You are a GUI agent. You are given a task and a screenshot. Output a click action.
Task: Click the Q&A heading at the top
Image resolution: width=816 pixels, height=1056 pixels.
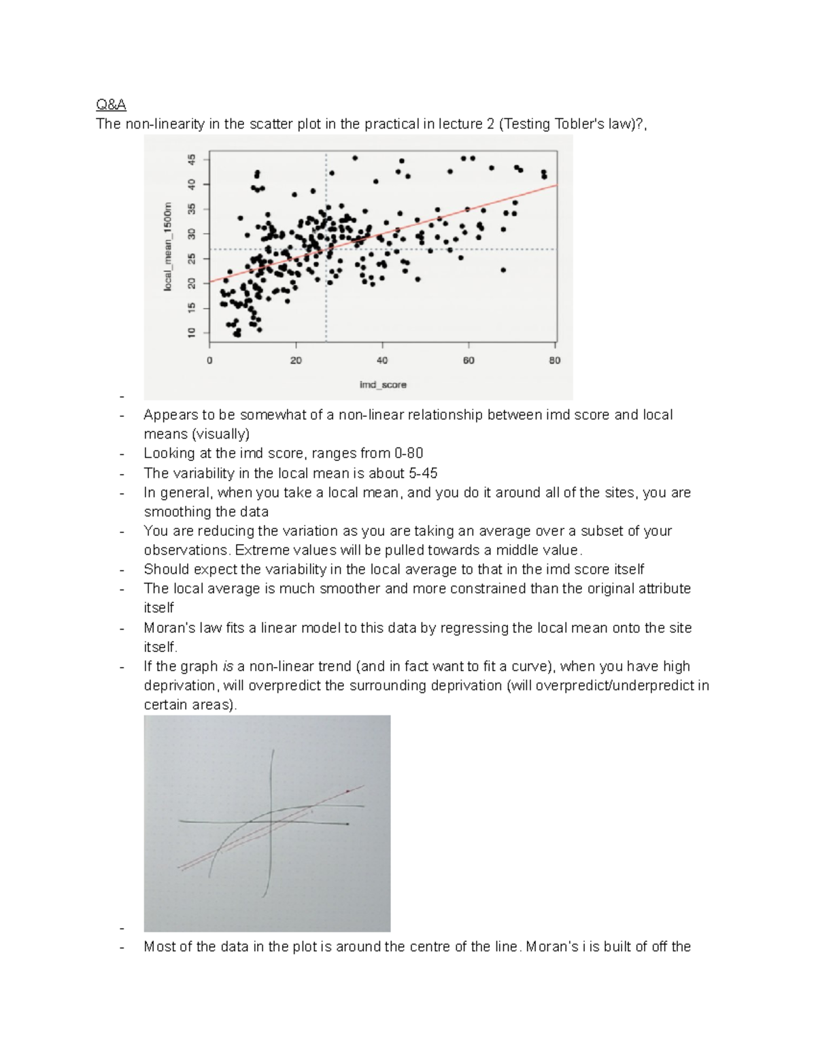[x=111, y=105]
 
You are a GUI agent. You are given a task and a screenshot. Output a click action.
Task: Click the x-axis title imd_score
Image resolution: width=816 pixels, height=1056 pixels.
[x=383, y=385]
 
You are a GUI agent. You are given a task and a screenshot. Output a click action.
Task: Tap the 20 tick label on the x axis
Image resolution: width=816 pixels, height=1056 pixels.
[x=296, y=360]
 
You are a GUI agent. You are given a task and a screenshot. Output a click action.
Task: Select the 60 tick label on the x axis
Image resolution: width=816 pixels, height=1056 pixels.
[x=469, y=360]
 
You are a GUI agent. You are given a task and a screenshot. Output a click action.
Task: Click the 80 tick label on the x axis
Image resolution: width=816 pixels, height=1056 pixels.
[x=555, y=360]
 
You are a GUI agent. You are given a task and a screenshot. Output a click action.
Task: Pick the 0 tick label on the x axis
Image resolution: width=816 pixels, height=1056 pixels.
[x=209, y=360]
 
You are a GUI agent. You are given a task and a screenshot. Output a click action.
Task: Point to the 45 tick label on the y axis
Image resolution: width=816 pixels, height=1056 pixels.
[x=192, y=160]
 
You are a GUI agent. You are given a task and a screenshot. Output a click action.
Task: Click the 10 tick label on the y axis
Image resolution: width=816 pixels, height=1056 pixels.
[x=192, y=333]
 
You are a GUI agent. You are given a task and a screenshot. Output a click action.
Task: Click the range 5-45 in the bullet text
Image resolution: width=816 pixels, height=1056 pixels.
[x=421, y=473]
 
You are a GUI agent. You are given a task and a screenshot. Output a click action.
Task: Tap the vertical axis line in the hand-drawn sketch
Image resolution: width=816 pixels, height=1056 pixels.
[x=273, y=816]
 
